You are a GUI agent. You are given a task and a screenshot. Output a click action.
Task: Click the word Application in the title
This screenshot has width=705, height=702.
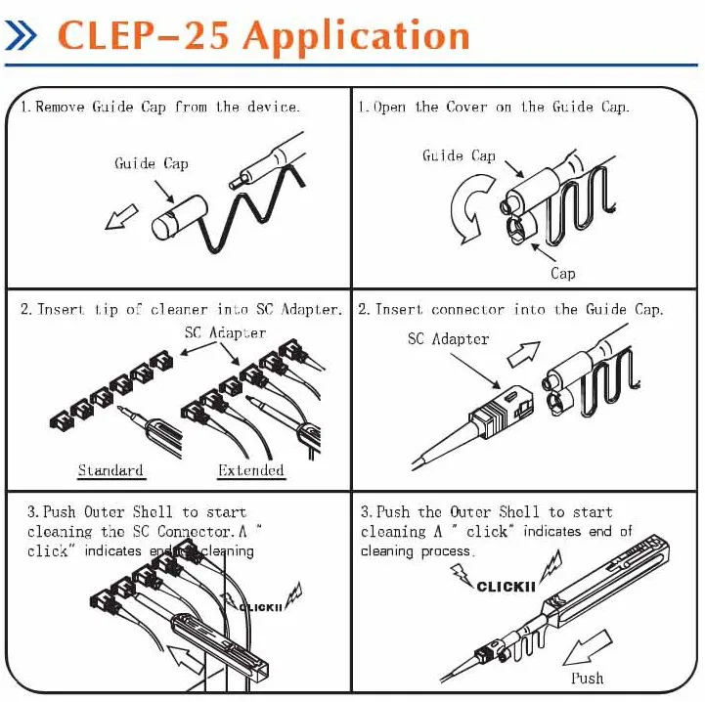tap(357, 37)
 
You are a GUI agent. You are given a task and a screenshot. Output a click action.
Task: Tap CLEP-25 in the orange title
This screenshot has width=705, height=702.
tap(143, 35)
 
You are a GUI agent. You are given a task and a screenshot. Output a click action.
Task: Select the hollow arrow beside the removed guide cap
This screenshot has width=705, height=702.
tap(121, 217)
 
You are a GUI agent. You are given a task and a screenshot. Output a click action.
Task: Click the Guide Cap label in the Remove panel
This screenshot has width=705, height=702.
tap(152, 163)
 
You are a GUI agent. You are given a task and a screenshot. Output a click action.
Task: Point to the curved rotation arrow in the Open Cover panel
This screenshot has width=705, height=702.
tap(470, 208)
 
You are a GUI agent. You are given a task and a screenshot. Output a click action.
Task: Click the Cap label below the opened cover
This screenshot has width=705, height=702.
tap(563, 274)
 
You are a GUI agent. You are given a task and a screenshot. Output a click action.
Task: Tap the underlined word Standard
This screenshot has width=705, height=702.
tap(110, 470)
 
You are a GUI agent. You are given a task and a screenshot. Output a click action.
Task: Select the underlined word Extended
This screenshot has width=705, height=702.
tap(251, 470)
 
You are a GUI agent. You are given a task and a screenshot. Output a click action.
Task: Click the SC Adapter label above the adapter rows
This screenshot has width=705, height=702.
tap(225, 332)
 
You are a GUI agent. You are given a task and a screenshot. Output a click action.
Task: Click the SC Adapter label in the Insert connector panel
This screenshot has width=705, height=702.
tap(448, 338)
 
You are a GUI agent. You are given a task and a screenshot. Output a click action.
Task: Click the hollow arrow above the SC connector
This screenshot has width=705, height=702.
tap(524, 354)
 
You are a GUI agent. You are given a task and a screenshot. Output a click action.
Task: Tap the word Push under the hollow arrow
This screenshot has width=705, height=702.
tap(588, 678)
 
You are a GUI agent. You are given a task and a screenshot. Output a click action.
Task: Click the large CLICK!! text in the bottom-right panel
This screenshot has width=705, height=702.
tap(506, 587)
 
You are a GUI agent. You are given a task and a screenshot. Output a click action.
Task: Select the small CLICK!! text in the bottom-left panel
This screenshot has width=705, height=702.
tap(260, 607)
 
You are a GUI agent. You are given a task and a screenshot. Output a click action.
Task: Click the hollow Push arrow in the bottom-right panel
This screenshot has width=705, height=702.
tap(588, 647)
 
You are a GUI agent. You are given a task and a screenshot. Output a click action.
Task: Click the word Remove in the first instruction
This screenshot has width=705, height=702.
tap(60, 107)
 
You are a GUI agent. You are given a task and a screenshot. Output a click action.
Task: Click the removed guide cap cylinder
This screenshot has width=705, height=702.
tap(179, 217)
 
